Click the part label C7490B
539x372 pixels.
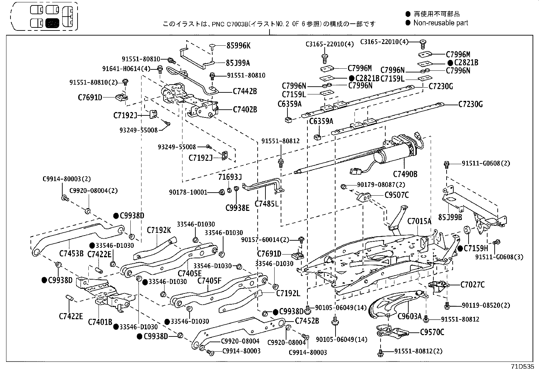(405, 174)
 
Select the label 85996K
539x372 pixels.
(238, 45)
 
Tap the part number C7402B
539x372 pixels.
(245, 110)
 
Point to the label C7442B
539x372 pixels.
(245, 91)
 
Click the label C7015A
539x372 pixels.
(419, 221)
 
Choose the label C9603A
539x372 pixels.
(409, 316)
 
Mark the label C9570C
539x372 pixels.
(432, 332)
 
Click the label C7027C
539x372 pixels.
(472, 285)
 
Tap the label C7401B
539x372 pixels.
(100, 322)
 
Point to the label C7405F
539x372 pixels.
(209, 280)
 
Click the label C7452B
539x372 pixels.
(307, 321)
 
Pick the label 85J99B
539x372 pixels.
(450, 217)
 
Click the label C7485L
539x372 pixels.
(266, 203)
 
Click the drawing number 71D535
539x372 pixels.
(523, 366)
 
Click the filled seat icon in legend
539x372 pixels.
(52, 23)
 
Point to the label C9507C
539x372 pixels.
(396, 195)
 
